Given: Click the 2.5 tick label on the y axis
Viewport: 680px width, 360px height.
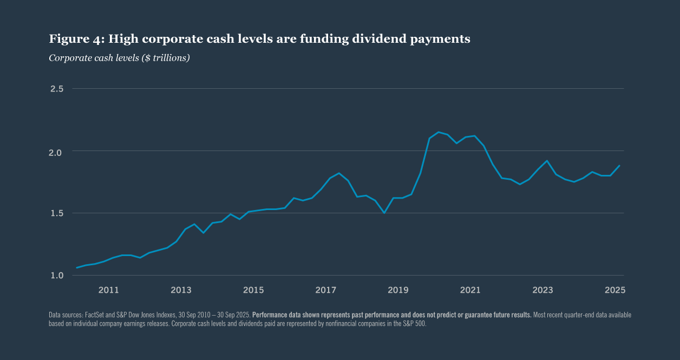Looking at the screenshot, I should [x=57, y=89].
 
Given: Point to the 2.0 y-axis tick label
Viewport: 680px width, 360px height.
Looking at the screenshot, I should [x=57, y=152].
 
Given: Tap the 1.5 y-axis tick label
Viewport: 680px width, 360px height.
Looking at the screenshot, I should [x=57, y=213].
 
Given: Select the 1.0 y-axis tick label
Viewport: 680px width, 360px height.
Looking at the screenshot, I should [x=57, y=276].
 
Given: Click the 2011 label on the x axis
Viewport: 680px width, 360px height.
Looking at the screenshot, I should [x=109, y=290].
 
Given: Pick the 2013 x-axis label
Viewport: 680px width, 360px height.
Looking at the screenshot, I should [x=181, y=290].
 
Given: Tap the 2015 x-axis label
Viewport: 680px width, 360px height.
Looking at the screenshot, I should [x=253, y=290].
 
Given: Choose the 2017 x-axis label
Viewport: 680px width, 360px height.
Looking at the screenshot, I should [x=326, y=290].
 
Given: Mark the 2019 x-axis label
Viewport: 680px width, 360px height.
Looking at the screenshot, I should [x=398, y=290].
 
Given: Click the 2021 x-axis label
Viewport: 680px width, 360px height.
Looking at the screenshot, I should [x=470, y=290].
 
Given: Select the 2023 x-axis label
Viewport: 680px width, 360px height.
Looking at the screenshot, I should [x=543, y=290].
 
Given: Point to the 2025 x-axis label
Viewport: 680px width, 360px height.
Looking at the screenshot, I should [x=615, y=290].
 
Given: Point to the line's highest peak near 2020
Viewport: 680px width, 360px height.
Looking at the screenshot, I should [x=439, y=132].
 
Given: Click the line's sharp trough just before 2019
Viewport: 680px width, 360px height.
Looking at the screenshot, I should [x=384, y=213].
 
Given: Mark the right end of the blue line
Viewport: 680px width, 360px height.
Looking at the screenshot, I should [x=619, y=166].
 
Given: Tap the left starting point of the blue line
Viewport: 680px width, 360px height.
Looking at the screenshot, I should [x=77, y=267].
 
